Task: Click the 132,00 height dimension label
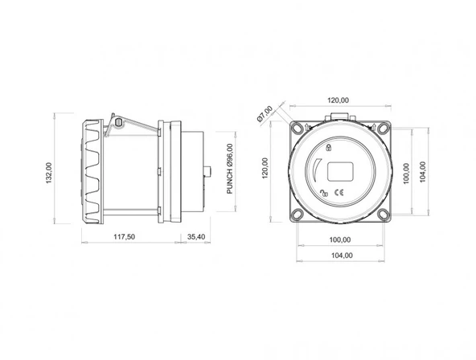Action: (x=49, y=173)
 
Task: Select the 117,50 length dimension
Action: (x=124, y=237)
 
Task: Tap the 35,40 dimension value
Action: (x=196, y=237)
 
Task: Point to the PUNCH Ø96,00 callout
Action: (x=230, y=169)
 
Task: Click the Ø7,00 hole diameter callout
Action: (x=265, y=114)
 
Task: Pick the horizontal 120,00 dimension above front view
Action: (x=339, y=100)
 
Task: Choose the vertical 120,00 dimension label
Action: (x=265, y=168)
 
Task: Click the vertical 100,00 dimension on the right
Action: (x=406, y=173)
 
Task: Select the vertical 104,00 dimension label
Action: (x=422, y=172)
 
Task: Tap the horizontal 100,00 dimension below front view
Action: (x=340, y=240)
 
